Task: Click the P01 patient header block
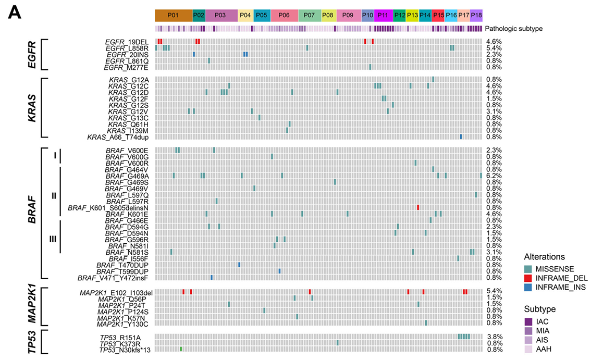[x=174, y=15]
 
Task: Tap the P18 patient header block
[x=476, y=15]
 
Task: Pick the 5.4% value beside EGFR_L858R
[x=494, y=48]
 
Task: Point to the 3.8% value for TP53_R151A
[x=494, y=337]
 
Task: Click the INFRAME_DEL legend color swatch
[x=528, y=278]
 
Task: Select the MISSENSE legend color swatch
[x=528, y=269]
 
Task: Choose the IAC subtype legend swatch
[x=528, y=321]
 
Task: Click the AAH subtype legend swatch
[x=528, y=349]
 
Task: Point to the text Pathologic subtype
[x=514, y=28]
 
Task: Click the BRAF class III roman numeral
[x=53, y=239]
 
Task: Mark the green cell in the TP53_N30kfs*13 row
[x=181, y=349]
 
